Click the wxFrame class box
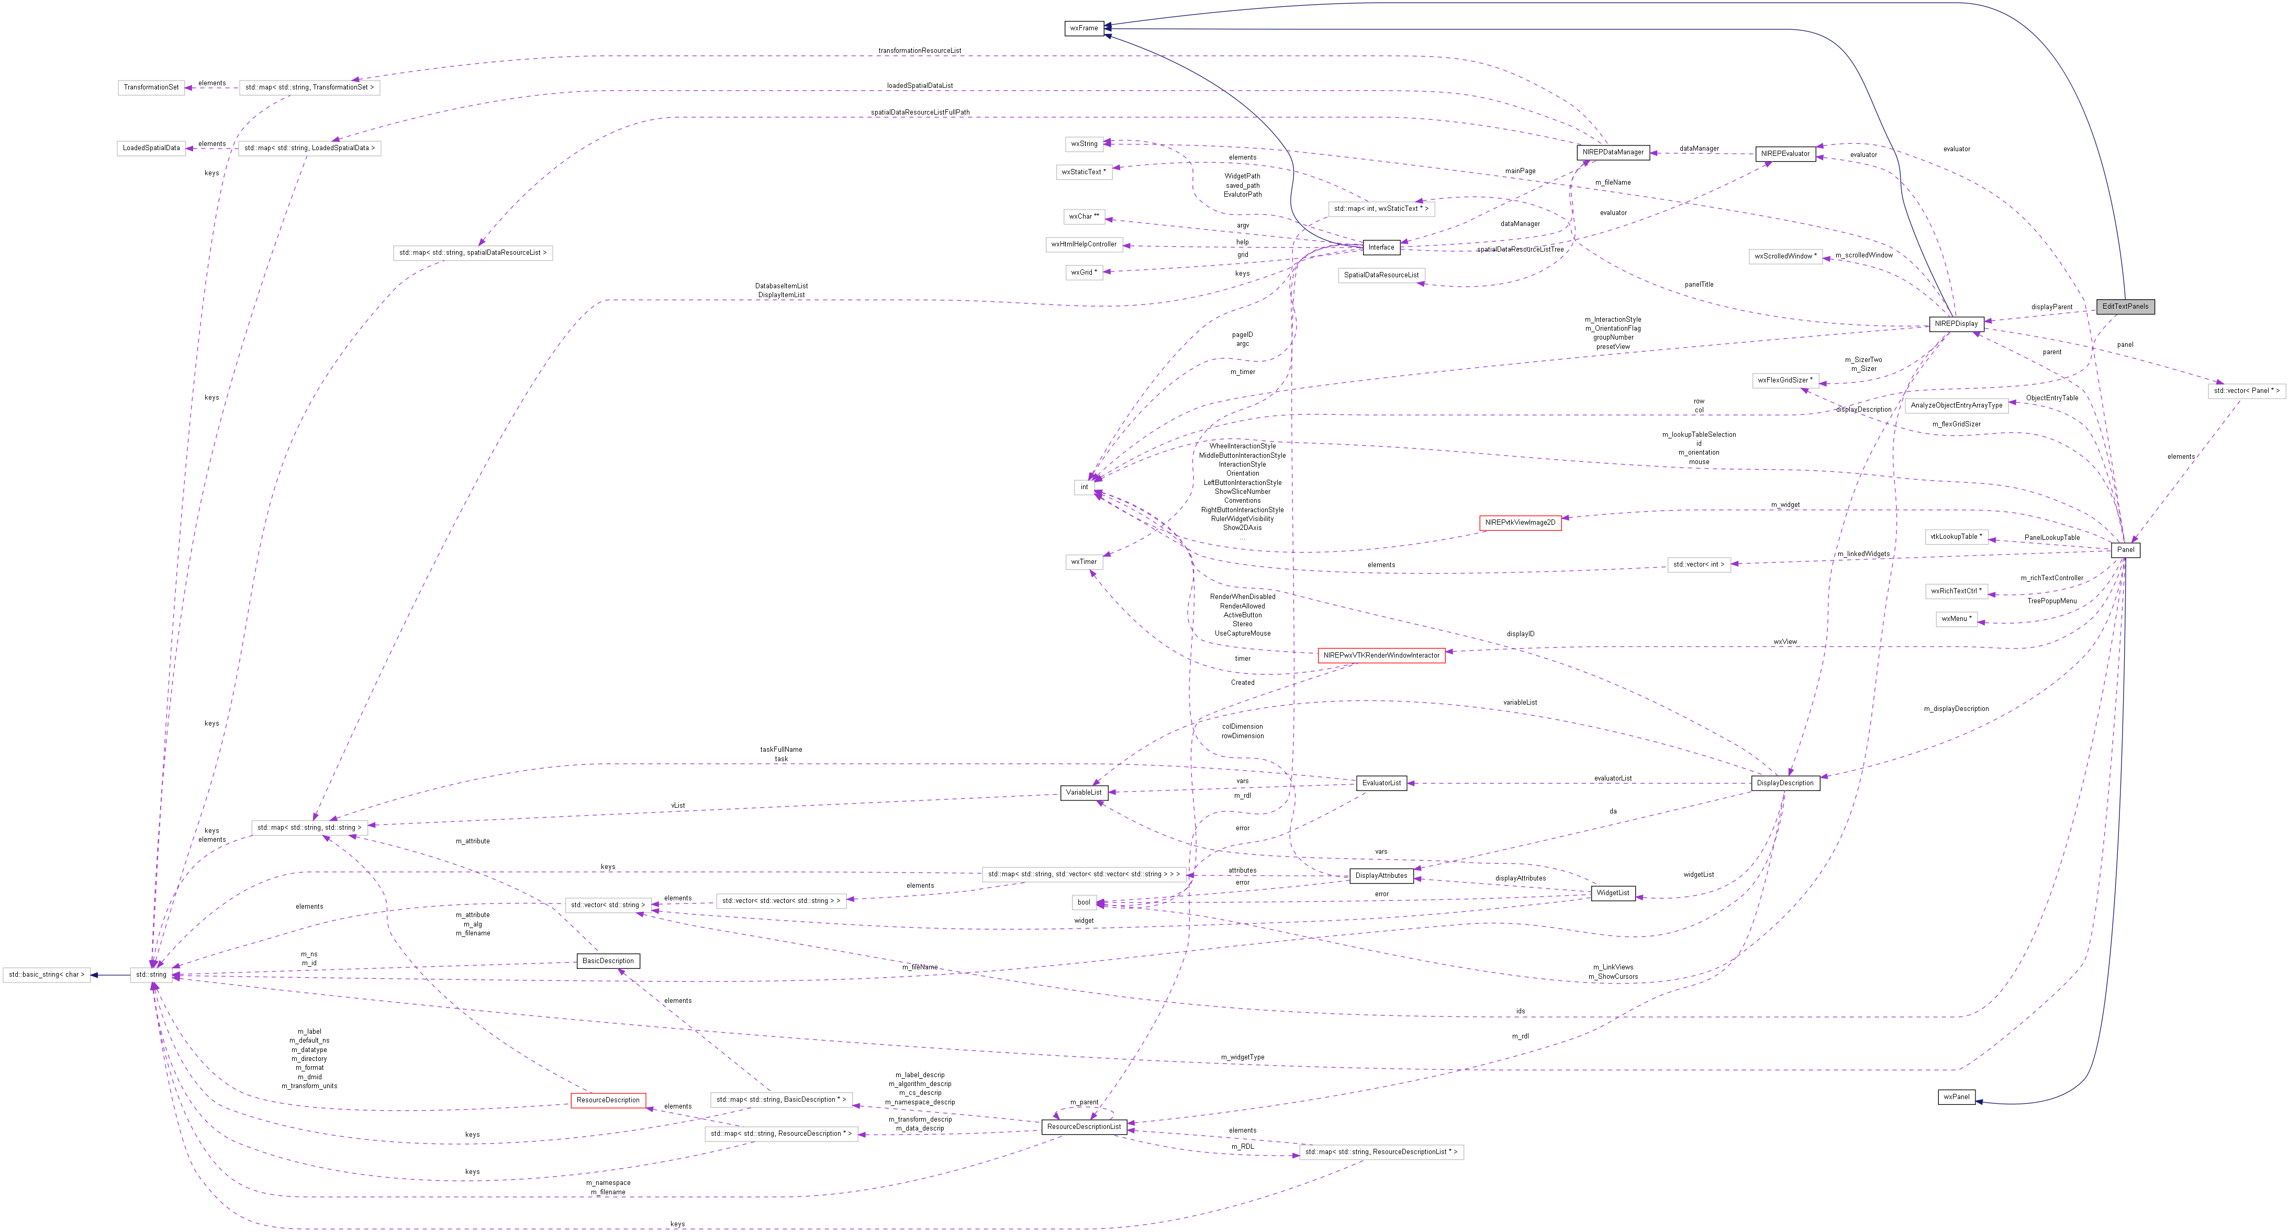pyautogui.click(x=1083, y=28)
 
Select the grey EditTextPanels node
pyautogui.click(x=2125, y=307)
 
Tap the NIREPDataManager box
pyautogui.click(x=1613, y=153)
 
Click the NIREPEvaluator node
pyautogui.click(x=1784, y=154)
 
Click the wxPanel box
pyautogui.click(x=1956, y=1097)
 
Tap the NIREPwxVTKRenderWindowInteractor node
pyautogui.click(x=1381, y=655)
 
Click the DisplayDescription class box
pyautogui.click(x=1784, y=784)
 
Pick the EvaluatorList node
pyautogui.click(x=1381, y=784)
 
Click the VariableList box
pyautogui.click(x=1083, y=793)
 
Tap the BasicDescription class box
pyautogui.click(x=608, y=961)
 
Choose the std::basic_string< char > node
pyautogui.click(x=46, y=975)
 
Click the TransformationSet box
pyautogui.click(x=151, y=87)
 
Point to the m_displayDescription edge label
pyautogui.click(x=1956, y=709)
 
